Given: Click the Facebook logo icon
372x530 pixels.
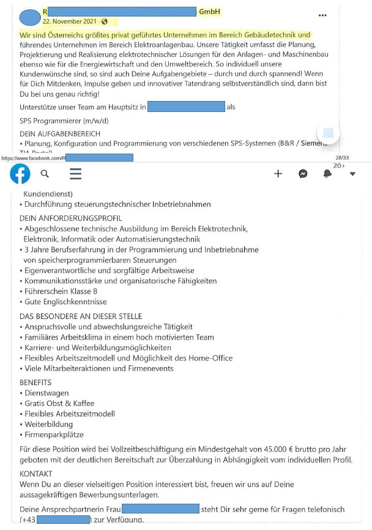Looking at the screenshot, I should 20,174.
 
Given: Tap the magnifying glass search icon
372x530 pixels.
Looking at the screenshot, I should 45,174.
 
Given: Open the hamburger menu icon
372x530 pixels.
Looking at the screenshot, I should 75,174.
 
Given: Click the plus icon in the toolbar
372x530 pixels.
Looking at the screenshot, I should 278,174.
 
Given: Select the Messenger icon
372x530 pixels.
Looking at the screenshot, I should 302,174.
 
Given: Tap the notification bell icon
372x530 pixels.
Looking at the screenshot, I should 327,174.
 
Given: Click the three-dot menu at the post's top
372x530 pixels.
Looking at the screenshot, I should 322,15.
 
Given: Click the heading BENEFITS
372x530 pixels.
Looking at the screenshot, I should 35,383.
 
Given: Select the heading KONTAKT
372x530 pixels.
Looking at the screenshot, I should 36,474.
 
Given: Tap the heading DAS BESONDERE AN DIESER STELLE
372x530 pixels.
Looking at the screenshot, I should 81,316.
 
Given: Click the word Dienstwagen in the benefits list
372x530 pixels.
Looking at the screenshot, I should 46,393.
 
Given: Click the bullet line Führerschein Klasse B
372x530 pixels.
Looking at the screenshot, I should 61,291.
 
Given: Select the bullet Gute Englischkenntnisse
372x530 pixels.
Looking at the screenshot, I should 65,302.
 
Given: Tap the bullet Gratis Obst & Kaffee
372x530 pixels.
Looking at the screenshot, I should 61,403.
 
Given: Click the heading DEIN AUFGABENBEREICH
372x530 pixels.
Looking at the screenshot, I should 60,133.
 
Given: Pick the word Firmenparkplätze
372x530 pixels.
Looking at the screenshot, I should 54,435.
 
